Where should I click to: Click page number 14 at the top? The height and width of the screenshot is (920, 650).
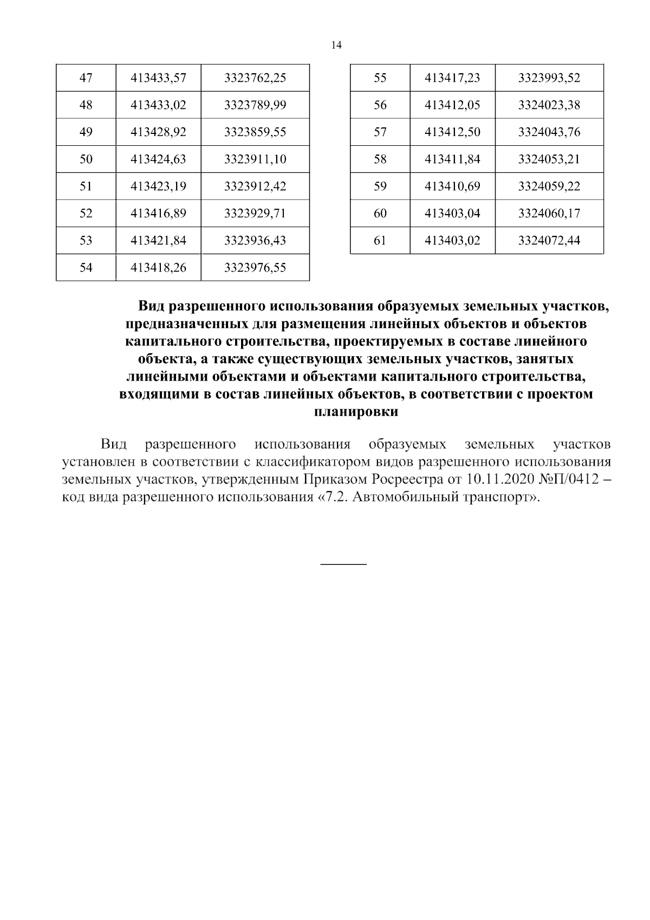[336, 46]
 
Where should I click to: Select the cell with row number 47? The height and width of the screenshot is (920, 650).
[86, 78]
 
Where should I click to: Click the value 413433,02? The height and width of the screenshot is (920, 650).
[158, 105]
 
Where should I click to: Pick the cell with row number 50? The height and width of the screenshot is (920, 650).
[86, 159]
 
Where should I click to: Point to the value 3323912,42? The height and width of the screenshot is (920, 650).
[255, 186]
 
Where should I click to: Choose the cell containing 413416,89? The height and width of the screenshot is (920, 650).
[158, 214]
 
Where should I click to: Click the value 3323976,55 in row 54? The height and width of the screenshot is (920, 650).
[255, 268]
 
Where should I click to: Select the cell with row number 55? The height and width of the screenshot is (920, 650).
[380, 78]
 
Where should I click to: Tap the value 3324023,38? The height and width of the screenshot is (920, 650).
[549, 105]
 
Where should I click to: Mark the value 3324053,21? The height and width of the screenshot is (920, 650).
[549, 159]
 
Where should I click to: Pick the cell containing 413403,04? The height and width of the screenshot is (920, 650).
[452, 214]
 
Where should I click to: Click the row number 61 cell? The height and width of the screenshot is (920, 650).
[380, 241]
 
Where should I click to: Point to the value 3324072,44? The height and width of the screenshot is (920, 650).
[549, 241]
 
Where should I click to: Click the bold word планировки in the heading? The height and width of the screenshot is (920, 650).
[356, 412]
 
